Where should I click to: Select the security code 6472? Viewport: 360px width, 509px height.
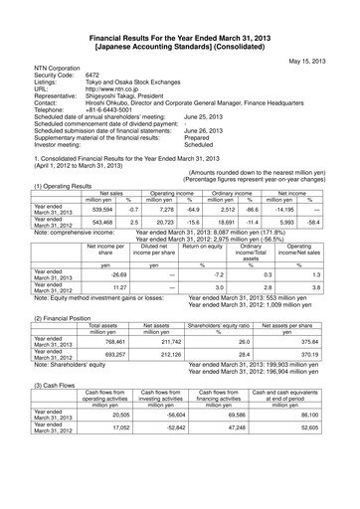coord(95,75)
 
